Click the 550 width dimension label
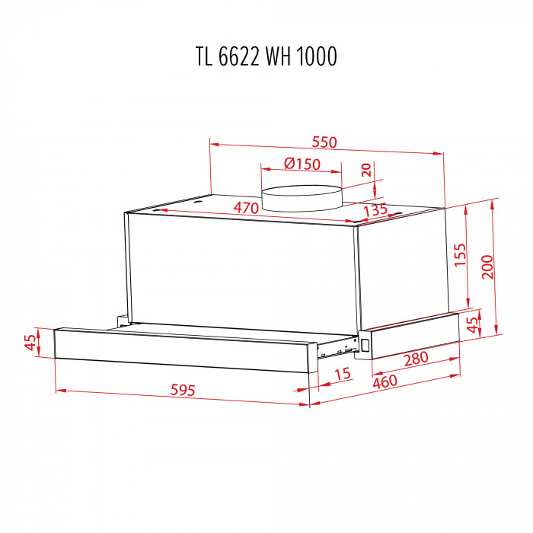tap(324, 142)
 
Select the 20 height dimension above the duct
tap(367, 171)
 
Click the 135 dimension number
tap(375, 209)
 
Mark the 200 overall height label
tap(487, 266)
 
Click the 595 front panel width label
tap(184, 390)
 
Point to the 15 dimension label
tap(342, 374)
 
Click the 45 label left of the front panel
tap(31, 343)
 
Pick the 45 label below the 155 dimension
tap(472, 325)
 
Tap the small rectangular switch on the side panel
tap(366, 343)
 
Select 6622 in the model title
tap(240, 57)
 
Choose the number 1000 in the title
tap(320, 57)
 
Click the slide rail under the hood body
tap(339, 351)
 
